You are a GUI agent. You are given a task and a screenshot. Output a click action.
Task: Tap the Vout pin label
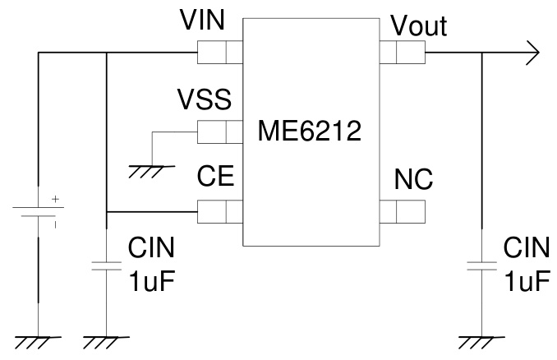pos(419,26)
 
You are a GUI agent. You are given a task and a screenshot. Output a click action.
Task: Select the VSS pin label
pos(204,101)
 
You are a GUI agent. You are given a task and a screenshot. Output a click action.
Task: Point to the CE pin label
pos(216,178)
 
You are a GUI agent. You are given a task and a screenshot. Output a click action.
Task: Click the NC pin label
pos(413,178)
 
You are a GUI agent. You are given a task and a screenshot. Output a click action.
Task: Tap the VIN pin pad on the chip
pos(219,53)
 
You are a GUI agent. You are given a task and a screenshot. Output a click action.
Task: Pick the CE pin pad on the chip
pos(219,211)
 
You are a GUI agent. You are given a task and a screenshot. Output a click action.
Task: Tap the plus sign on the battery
pos(55,199)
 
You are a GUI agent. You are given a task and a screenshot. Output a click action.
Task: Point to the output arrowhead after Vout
pos(532,53)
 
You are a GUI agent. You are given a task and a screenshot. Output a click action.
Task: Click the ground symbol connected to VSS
pos(151,170)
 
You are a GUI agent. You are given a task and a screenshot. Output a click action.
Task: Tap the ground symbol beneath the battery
pos(37,340)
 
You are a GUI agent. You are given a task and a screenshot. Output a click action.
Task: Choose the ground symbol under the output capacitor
pos(481,340)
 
